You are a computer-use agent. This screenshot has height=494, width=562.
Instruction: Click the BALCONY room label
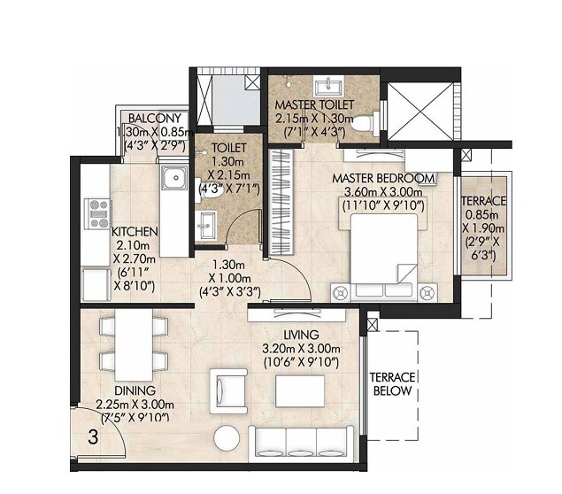coord(155,119)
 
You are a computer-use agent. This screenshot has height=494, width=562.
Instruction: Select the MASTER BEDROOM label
coord(383,178)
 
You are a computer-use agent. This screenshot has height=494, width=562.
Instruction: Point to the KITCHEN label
coord(135,232)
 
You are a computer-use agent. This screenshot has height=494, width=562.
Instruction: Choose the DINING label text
coord(135,390)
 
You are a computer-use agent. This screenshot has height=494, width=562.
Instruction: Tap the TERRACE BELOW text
coord(389,383)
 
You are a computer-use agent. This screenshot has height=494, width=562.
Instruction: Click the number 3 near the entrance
coord(92,436)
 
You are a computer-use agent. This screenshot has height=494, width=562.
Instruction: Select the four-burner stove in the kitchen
coord(96,213)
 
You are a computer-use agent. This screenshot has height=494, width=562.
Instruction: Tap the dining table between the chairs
coord(135,345)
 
